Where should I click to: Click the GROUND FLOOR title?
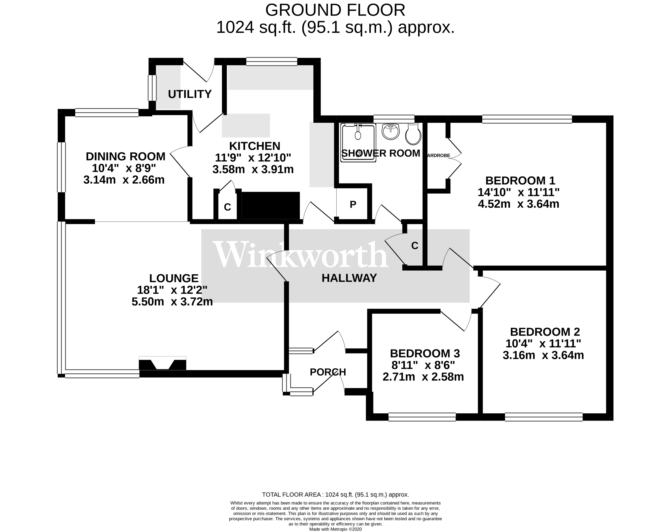pos(335,10)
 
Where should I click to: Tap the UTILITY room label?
pos(190,94)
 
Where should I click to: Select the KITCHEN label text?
pos(255,146)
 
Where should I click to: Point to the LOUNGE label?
pos(174,278)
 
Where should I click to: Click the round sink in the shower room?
pos(391,131)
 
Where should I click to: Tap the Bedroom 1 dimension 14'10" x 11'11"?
pos(519,192)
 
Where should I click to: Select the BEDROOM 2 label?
pos(545,332)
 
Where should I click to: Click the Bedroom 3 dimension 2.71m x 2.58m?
pos(423,377)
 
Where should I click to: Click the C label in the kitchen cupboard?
pos(227,207)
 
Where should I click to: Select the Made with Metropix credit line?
pos(335,529)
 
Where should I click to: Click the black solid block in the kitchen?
pos(271,205)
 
